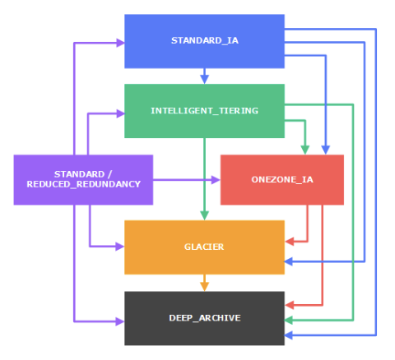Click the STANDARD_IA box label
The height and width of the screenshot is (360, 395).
(204, 40)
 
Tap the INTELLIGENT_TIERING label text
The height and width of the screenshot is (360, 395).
(204, 110)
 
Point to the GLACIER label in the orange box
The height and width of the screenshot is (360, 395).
(204, 247)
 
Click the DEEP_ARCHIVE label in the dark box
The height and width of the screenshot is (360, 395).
(204, 317)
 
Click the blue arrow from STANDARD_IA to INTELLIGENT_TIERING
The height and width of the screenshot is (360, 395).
(204, 76)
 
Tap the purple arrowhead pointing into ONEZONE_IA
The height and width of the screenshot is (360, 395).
(216, 179)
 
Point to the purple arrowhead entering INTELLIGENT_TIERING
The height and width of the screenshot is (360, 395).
(119, 113)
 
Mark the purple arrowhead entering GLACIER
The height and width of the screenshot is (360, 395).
(119, 246)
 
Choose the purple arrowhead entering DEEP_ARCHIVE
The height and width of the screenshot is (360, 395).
(119, 319)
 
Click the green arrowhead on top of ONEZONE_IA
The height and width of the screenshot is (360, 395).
(305, 150)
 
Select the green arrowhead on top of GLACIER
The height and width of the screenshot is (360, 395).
(204, 215)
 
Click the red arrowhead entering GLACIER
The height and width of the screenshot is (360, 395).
(290, 242)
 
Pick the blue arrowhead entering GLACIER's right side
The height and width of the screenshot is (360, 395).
(290, 261)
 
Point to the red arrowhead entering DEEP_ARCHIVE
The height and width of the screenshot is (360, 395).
(290, 305)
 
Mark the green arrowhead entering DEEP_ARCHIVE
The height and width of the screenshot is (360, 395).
(290, 319)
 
